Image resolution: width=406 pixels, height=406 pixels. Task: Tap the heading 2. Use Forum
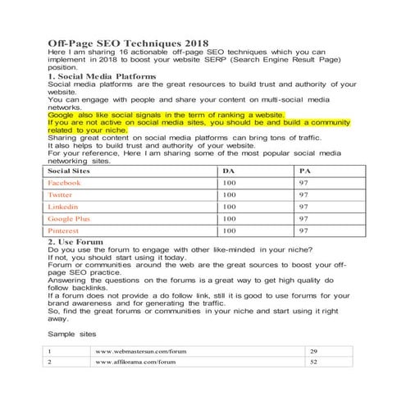[79, 243]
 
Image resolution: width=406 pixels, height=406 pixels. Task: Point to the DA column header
[228, 170]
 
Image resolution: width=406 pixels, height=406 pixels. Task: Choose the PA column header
[306, 170]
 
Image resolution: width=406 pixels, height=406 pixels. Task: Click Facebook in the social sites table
[65, 182]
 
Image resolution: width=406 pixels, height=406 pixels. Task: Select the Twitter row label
[61, 194]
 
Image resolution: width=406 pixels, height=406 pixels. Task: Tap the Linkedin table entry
[63, 207]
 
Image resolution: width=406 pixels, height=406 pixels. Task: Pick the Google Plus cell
[69, 219]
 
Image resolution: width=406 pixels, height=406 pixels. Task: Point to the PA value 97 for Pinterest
[303, 231]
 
